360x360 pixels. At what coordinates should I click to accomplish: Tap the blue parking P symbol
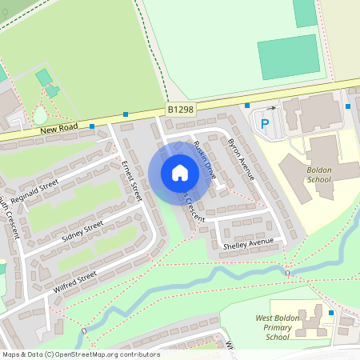pyautogui.click(x=264, y=124)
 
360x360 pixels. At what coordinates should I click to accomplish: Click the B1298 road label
pyautogui.click(x=181, y=109)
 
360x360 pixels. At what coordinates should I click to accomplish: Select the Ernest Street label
pyautogui.click(x=131, y=180)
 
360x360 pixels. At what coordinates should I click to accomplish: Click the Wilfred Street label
pyautogui.click(x=75, y=281)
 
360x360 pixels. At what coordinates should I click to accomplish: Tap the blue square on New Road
pyautogui.click(x=92, y=126)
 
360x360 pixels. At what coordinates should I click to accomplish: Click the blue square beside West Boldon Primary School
pyautogui.click(x=330, y=312)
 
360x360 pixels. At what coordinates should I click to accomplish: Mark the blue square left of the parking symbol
pyautogui.click(x=247, y=106)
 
